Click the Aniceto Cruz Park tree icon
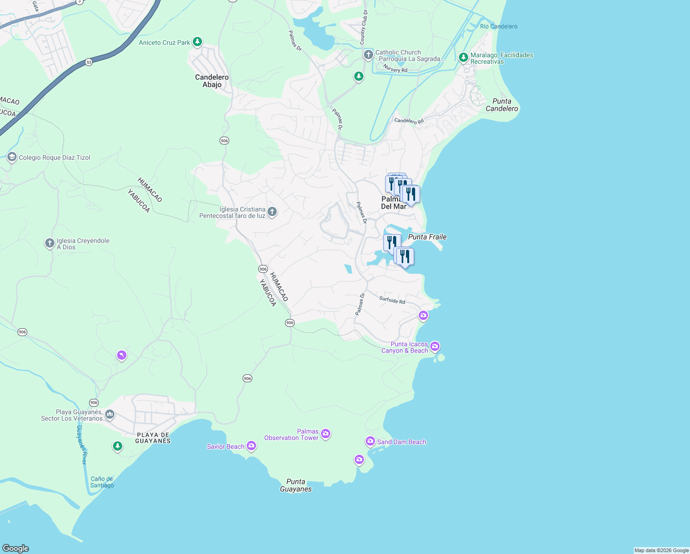tap(197, 42)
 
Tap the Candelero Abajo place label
tap(212, 81)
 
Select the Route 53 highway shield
tap(89, 62)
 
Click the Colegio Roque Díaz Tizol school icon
tap(12, 157)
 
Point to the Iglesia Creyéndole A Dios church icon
tap(50, 243)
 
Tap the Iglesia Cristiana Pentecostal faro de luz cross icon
tap(272, 212)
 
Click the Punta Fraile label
tap(428, 237)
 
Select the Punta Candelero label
tap(502, 105)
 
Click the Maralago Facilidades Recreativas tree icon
tap(464, 58)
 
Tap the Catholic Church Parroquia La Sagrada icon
tap(368, 55)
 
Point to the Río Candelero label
tap(499, 26)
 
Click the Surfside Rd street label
tap(392, 300)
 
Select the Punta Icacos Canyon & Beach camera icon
tap(434, 346)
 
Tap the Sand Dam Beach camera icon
tap(370, 441)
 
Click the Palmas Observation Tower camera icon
tap(326, 434)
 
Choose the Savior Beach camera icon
tap(251, 446)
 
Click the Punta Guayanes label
tap(296, 485)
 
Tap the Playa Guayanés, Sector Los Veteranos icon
tap(110, 414)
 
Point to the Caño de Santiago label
tap(102, 482)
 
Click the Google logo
tap(16, 548)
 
